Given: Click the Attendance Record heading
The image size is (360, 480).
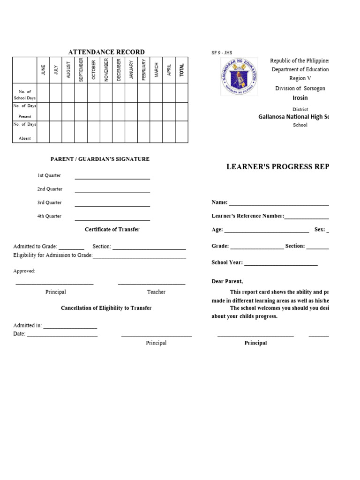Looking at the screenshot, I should click(x=106, y=52).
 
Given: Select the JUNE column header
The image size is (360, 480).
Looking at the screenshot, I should click(x=44, y=70).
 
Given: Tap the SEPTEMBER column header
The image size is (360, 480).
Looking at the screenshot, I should click(x=81, y=70).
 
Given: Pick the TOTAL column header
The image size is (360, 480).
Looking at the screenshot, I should click(x=181, y=70).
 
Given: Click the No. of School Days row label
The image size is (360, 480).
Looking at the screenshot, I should click(x=25, y=95).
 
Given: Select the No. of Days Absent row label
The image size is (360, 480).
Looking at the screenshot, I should click(x=25, y=131).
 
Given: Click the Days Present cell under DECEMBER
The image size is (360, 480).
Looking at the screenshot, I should click(x=119, y=112).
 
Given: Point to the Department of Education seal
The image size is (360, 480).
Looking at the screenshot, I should click(x=239, y=75).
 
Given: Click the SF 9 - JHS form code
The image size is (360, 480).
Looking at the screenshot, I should click(x=222, y=53).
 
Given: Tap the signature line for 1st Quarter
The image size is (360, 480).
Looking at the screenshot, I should click(x=112, y=179).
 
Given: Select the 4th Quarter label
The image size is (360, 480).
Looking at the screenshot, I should click(x=50, y=216).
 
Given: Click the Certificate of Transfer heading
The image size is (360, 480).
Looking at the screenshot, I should click(x=112, y=230).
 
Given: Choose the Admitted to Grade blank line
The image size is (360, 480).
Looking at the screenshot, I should click(x=71, y=249).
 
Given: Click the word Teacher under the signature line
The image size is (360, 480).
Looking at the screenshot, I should click(x=156, y=292).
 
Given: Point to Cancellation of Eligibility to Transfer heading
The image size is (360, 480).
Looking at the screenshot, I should click(x=106, y=308).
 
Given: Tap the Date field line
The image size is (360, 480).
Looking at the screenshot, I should click(x=62, y=337).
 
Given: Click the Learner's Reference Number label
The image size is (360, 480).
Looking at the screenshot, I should click(x=247, y=216).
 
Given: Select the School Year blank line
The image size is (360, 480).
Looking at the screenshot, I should click(x=281, y=265).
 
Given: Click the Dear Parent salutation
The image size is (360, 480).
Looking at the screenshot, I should click(x=227, y=282).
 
